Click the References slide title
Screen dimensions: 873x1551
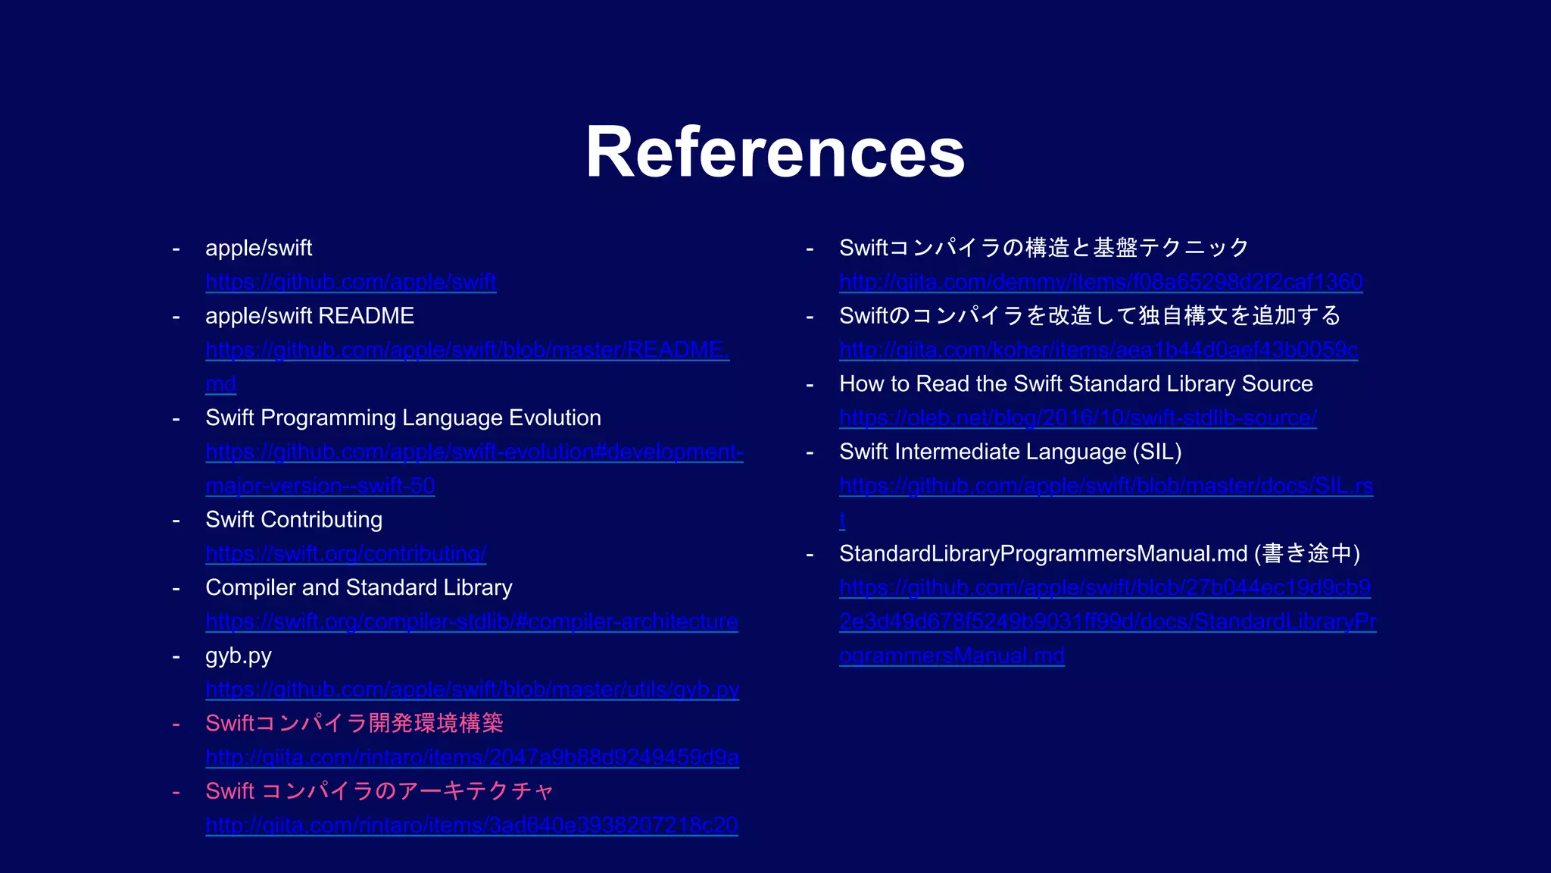click(x=775, y=152)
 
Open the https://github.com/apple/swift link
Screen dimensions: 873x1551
click(x=351, y=282)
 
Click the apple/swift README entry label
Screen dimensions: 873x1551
click(x=310, y=316)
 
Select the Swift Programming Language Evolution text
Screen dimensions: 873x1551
click(x=403, y=418)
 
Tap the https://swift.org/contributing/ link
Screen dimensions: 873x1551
click(x=345, y=554)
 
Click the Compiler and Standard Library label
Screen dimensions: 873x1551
click(x=358, y=587)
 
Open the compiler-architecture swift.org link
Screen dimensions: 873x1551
click(x=471, y=621)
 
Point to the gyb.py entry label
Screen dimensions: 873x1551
click(x=238, y=656)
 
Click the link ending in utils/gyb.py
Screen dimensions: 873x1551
click(x=472, y=690)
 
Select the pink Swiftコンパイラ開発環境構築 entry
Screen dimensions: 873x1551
click(x=354, y=723)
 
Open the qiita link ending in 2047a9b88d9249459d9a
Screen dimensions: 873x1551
click(x=472, y=757)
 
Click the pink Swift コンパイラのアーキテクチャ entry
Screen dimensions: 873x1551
click(x=379, y=791)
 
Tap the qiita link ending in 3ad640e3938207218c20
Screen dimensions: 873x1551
click(x=471, y=825)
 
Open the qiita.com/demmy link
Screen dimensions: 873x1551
click(x=1100, y=282)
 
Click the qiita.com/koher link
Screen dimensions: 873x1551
click(x=1098, y=350)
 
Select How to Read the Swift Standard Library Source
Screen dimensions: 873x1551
click(x=1075, y=384)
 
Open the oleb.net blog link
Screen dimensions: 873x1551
click(x=1078, y=418)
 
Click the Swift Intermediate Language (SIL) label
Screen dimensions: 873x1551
click(x=1010, y=452)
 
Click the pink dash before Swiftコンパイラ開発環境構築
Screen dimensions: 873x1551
click(x=176, y=724)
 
